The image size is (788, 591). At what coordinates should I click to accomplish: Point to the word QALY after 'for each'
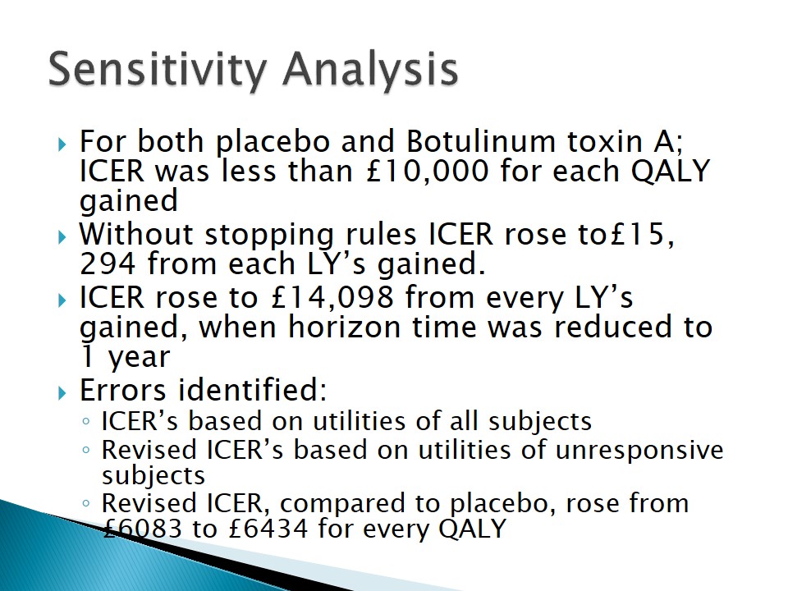point(670,171)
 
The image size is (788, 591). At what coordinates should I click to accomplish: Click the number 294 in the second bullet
point(108,263)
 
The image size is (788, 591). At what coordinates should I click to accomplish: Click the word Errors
point(122,390)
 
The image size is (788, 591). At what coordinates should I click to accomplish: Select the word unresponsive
point(639,450)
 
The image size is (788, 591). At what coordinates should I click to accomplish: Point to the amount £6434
point(268,529)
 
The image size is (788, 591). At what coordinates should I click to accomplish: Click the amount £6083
point(142,529)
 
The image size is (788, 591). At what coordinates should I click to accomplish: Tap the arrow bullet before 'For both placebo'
point(62,145)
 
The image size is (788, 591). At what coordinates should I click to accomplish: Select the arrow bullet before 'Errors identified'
point(62,393)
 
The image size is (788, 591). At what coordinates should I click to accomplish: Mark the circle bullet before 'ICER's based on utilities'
point(86,422)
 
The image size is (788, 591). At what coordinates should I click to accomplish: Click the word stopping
point(269,236)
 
